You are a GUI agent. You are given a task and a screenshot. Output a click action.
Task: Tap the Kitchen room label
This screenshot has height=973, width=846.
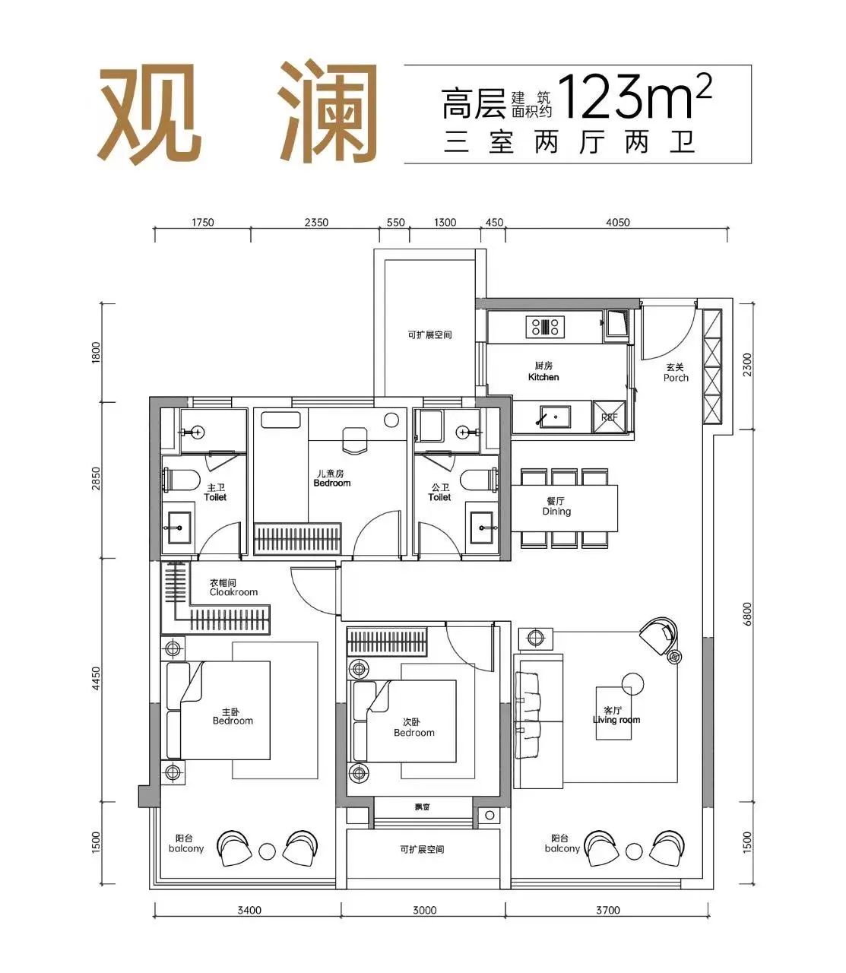point(543,372)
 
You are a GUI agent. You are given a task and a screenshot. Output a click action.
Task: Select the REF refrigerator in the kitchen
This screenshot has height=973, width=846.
point(610,417)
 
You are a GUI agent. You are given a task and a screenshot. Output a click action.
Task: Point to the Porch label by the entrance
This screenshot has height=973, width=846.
point(675,372)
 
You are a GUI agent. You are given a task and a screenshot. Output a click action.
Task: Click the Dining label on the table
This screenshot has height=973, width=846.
point(556,507)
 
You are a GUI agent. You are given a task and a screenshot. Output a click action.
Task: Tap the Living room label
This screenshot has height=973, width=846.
point(616,715)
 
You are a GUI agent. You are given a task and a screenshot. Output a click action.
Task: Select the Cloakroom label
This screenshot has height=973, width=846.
point(233,588)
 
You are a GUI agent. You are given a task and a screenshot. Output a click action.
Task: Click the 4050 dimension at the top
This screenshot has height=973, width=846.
point(617,223)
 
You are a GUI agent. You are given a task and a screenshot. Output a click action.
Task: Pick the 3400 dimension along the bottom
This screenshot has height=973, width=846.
point(249,910)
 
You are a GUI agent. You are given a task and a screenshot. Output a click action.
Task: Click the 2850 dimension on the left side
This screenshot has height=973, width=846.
point(96,480)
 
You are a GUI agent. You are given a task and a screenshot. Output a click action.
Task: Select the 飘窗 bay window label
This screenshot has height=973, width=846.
point(423,807)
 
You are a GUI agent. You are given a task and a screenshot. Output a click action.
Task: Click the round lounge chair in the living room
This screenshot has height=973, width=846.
point(658,633)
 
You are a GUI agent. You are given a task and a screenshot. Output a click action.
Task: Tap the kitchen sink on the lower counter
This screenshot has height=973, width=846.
point(553,417)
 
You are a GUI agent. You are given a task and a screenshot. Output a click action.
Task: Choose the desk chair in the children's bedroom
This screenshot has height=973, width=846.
point(355,439)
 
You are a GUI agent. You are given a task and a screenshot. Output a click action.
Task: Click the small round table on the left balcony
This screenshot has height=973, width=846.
point(266,850)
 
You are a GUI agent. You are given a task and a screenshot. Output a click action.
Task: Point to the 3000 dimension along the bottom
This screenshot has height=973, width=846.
point(424,910)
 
